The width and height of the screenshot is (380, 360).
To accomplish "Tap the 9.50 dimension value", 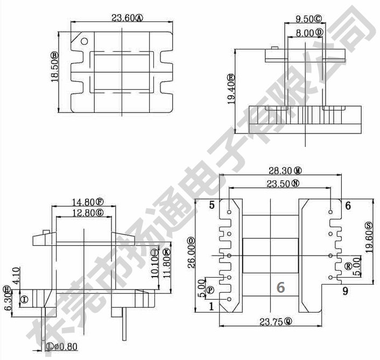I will point(305,19).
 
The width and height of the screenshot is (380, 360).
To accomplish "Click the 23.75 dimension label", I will point(272,322).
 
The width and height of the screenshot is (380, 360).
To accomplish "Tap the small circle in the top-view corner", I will point(85,41).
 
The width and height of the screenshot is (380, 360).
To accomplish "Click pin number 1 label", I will point(212,306).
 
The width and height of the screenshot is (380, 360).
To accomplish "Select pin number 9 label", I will point(345,291).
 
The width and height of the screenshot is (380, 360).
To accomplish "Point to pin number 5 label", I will point(212,205).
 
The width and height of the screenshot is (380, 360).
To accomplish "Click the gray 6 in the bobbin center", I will point(280,287).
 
